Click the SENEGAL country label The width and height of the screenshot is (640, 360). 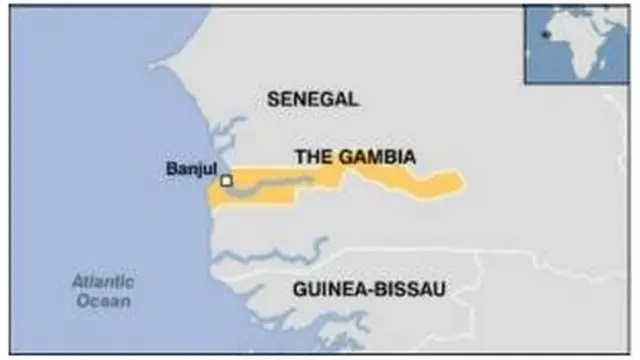(x=312, y=99)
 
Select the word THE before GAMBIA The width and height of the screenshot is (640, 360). (x=310, y=157)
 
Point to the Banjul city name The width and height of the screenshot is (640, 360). (x=190, y=169)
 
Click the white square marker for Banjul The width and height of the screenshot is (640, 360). (x=227, y=181)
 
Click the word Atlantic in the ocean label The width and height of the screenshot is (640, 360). (x=102, y=282)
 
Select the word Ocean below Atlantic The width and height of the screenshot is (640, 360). (x=102, y=300)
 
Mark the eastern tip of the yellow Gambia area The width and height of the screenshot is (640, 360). (x=462, y=181)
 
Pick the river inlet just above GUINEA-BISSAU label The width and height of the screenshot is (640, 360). (x=300, y=250)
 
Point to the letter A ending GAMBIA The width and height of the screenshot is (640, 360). (x=410, y=157)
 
